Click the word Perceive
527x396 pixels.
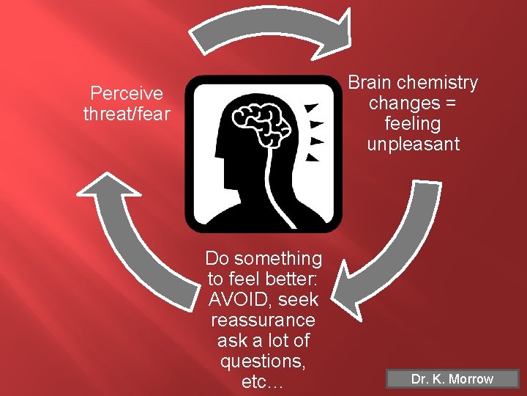coord(126,94)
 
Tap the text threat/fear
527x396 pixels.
coord(126,114)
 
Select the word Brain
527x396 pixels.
coord(372,83)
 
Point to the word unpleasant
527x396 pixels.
coord(413,144)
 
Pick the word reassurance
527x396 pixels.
coord(263,320)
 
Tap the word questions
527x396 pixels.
coord(263,362)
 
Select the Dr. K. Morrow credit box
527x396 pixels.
coord(452,379)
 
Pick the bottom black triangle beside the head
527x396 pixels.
coord(313,156)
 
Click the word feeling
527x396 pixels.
coord(414,123)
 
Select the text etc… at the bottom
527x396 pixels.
coord(263,382)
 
